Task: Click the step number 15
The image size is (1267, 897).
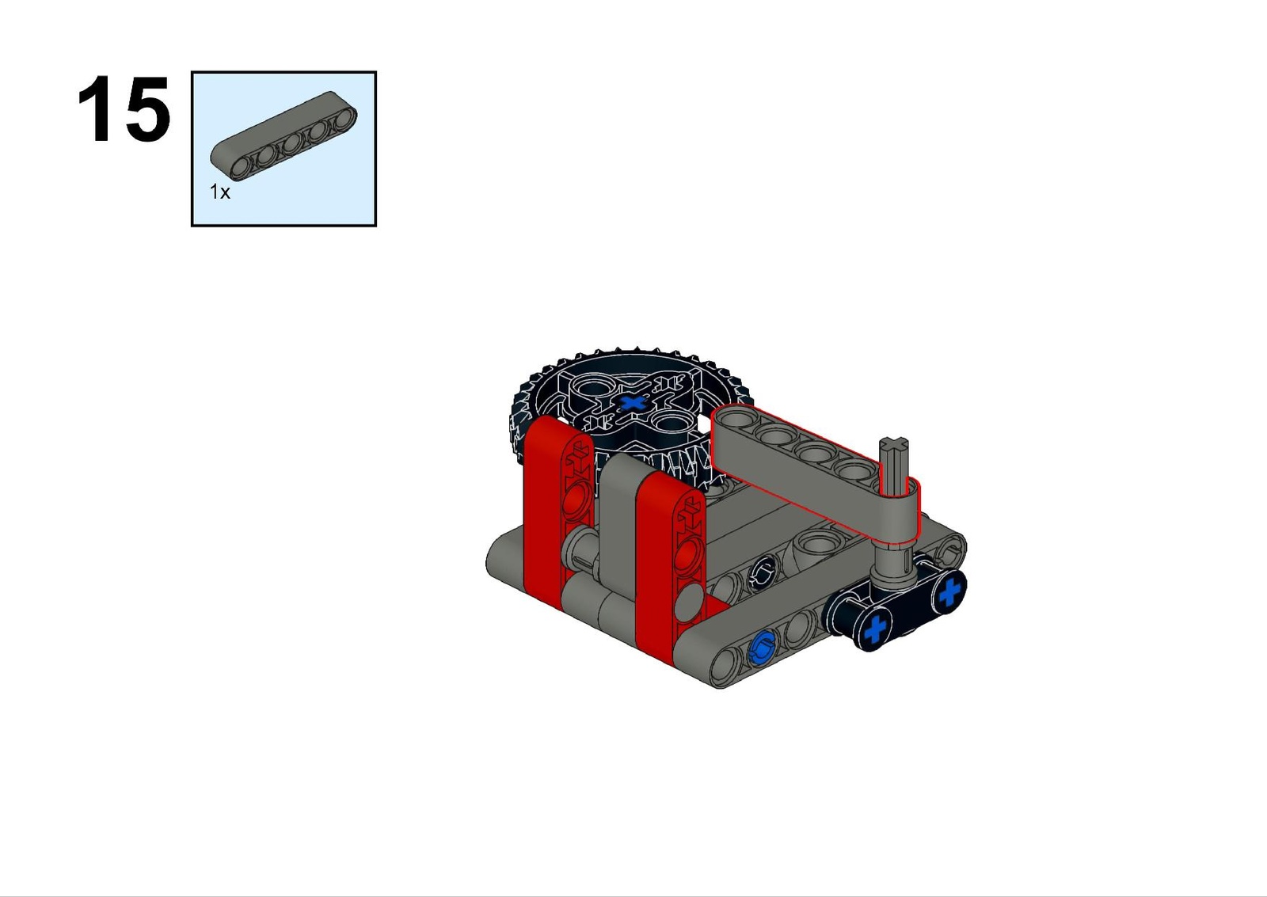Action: point(124,108)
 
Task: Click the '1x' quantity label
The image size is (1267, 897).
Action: point(220,192)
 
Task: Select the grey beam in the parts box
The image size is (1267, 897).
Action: point(284,135)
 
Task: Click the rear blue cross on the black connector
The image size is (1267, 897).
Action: point(949,592)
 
